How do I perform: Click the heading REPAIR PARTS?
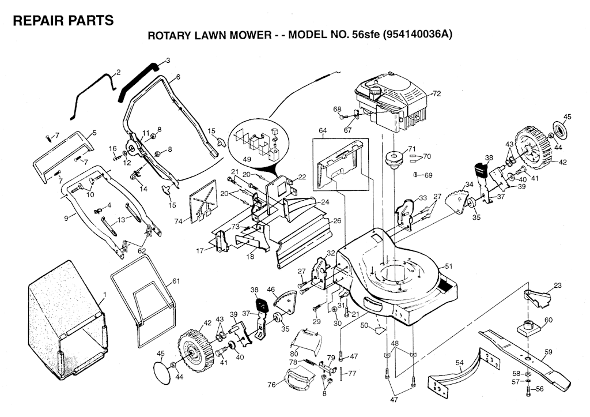(63, 21)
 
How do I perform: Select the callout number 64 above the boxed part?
(322, 131)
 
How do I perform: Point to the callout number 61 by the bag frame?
(176, 281)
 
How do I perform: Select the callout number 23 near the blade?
(557, 285)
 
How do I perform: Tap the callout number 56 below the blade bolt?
(540, 389)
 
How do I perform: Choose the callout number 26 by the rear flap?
(337, 220)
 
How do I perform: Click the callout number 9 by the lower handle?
(66, 217)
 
